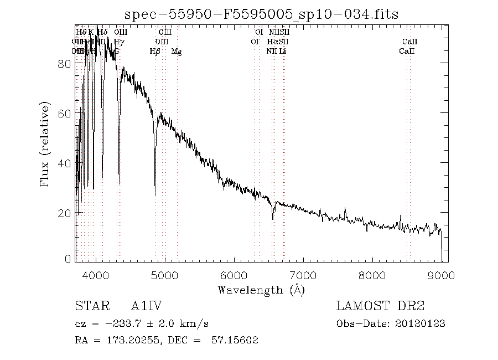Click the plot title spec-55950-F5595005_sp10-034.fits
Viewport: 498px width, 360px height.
[x=261, y=14]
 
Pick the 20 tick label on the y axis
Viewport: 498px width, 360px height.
[x=65, y=214]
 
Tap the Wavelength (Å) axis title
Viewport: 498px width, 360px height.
[x=261, y=290]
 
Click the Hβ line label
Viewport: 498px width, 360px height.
[x=155, y=52]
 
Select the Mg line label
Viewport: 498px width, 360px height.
[x=176, y=52]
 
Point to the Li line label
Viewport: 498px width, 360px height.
[x=282, y=52]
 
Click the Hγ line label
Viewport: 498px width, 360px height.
[x=119, y=42]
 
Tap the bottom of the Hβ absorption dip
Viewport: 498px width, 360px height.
[x=155, y=194]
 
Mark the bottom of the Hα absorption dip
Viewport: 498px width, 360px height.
[x=273, y=219]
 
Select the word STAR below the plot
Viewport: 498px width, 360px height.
[x=91, y=306]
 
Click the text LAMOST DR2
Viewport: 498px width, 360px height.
[x=380, y=306]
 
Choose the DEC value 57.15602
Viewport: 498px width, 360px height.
[x=235, y=340]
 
